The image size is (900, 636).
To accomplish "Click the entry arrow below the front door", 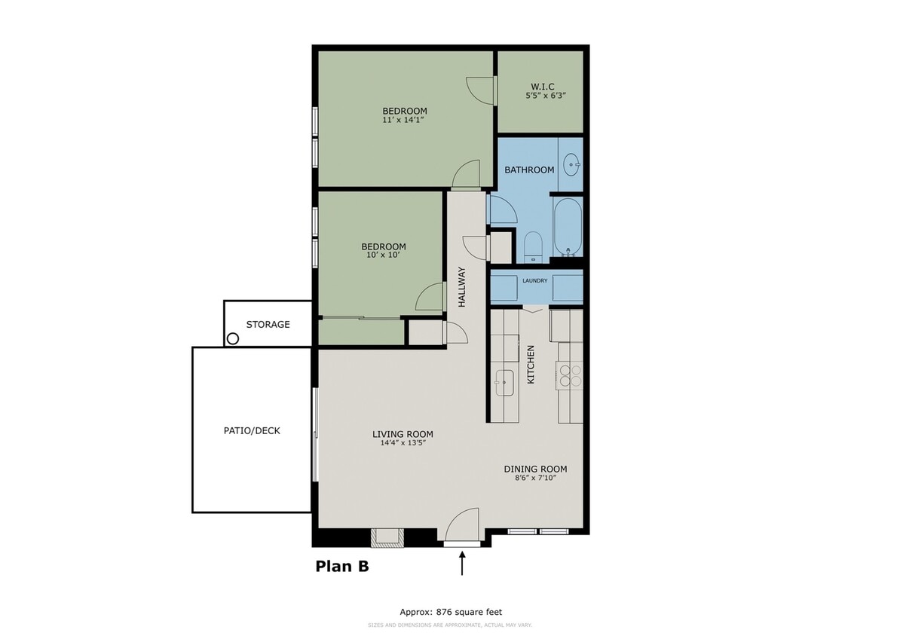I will (462, 563).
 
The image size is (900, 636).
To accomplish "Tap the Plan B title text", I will (341, 567).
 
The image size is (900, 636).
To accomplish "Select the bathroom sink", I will (573, 164).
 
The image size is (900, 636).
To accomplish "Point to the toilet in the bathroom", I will (533, 246).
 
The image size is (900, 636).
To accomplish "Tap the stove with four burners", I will (570, 375).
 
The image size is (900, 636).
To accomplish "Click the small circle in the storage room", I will (233, 338).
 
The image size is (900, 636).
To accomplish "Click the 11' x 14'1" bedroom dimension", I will (405, 120).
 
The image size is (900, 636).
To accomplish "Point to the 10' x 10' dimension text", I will (383, 255).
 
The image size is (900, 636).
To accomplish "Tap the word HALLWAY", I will (461, 287).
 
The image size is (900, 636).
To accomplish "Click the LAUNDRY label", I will (535, 281).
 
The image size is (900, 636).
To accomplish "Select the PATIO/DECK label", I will (252, 431).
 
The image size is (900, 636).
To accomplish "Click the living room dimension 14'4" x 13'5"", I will (403, 443).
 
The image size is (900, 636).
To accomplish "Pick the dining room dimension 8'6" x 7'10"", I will (535, 478).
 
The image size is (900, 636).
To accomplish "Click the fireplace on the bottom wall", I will (387, 537).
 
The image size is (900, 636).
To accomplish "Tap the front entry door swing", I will (462, 524).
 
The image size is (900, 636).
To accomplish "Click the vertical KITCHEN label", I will (531, 365).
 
